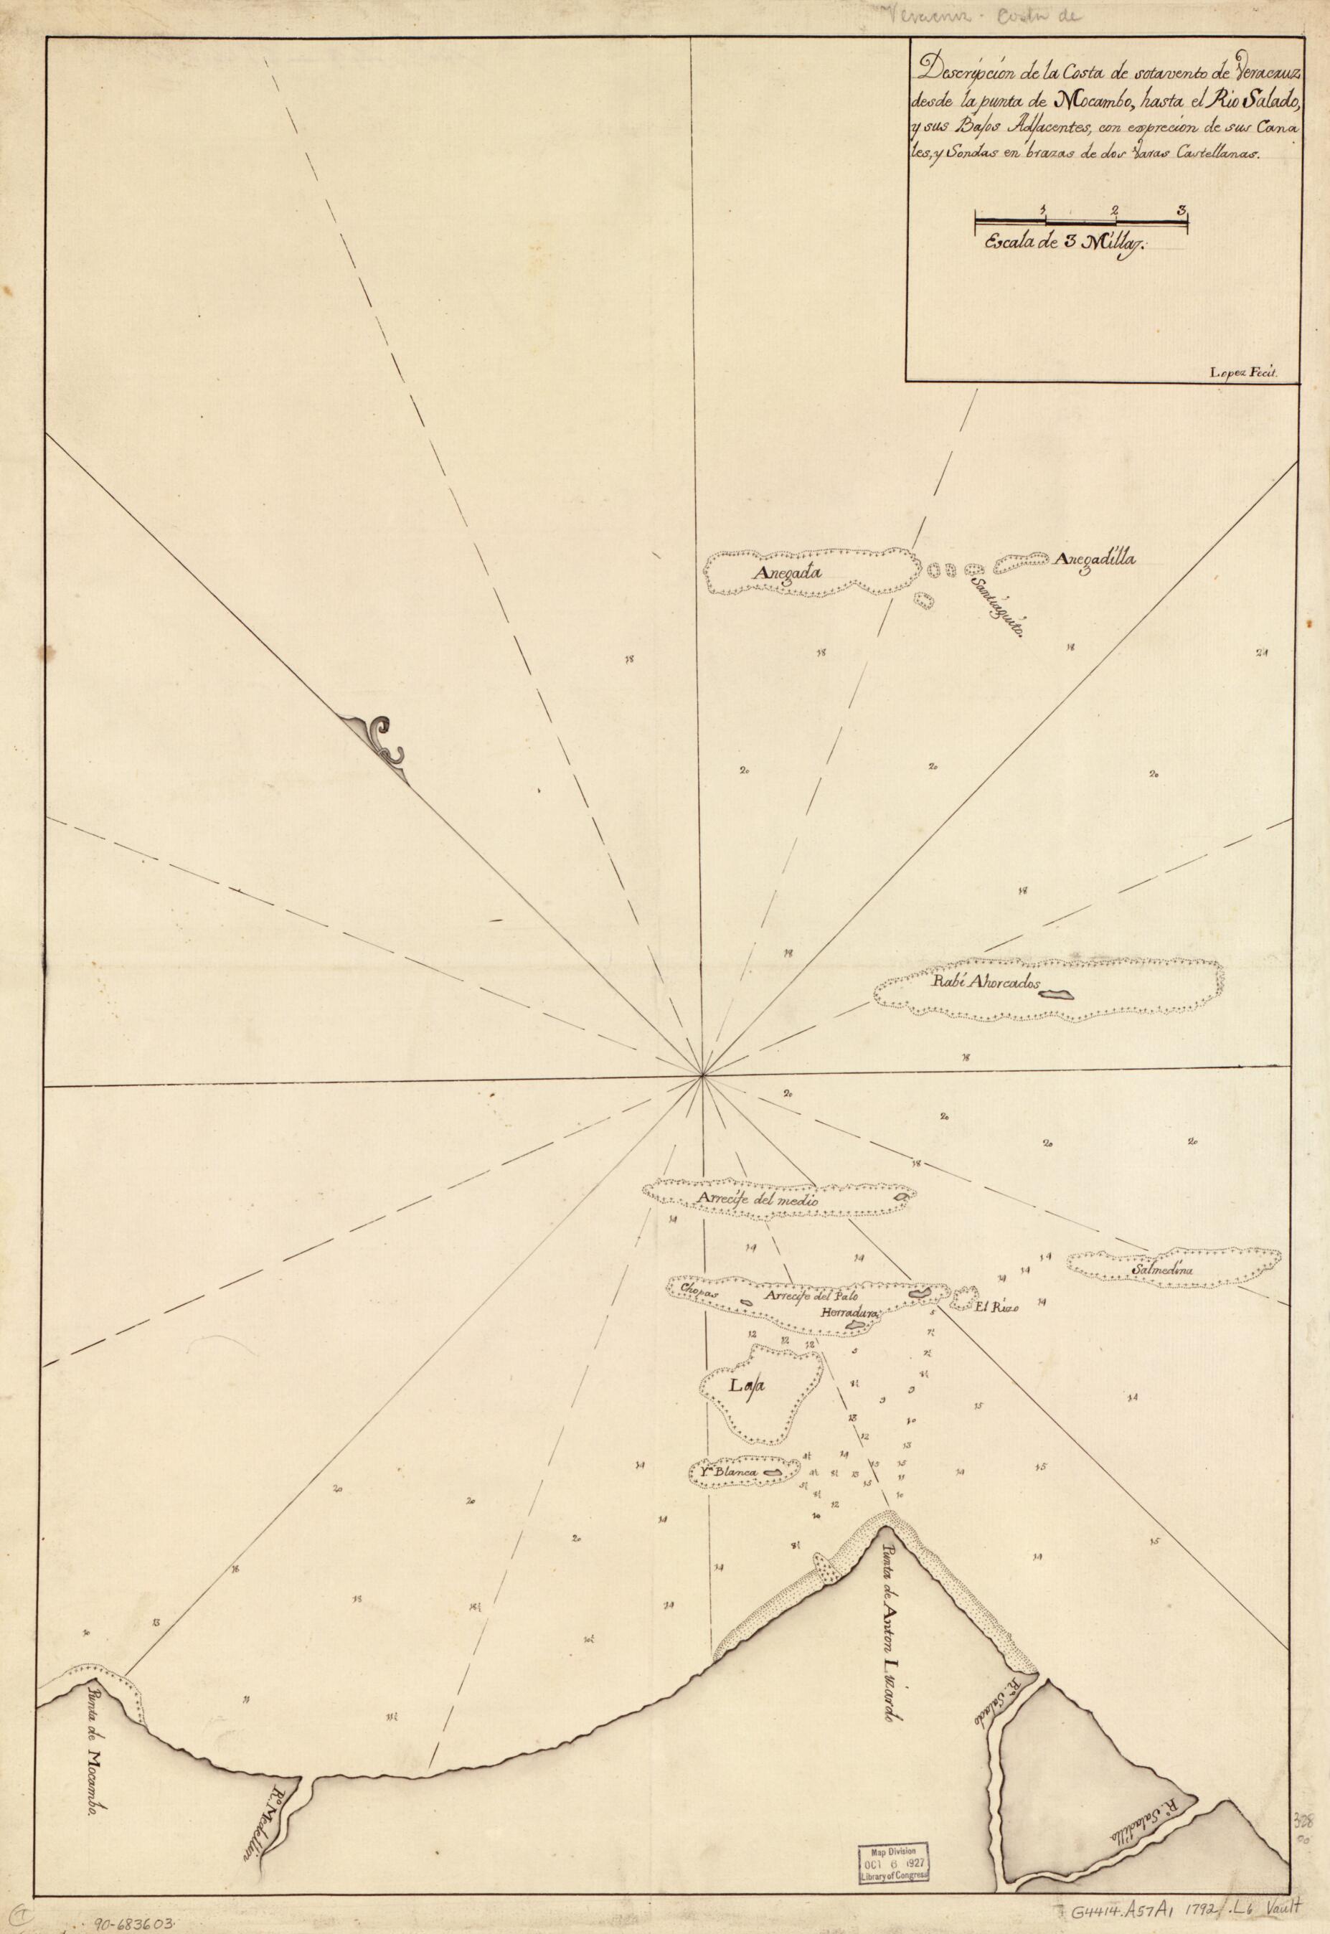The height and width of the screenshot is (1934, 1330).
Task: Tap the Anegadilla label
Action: (x=1094, y=560)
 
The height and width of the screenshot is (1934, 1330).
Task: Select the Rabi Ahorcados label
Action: (x=988, y=984)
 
